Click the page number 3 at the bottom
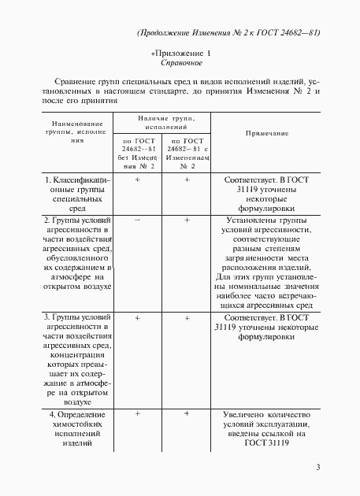click(x=317, y=468)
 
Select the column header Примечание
click(x=267, y=134)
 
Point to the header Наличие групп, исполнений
click(x=165, y=121)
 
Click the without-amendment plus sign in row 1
click(x=137, y=180)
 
